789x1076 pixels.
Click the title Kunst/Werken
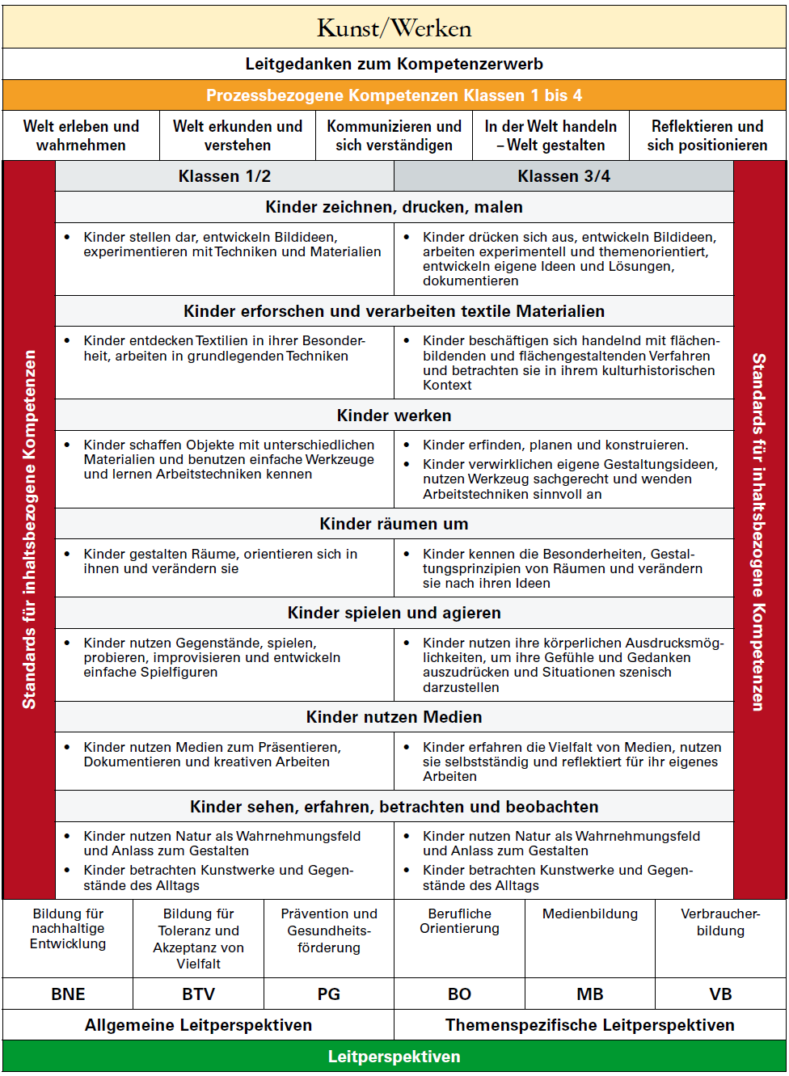pos(394,29)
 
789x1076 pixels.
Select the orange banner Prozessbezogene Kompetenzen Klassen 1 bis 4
pos(394,95)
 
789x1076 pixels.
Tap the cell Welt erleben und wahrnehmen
pos(81,136)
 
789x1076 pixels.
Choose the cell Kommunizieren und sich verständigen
pos(394,136)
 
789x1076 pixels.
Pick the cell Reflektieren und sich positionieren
pos(707,136)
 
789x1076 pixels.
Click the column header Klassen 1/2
pos(225,176)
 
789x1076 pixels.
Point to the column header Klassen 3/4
pos(563,176)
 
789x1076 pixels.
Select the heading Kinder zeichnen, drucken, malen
pos(394,207)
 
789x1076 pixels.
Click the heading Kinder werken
pos(394,416)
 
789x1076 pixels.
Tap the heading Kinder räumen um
pos(394,524)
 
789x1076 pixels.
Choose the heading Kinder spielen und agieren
pos(394,613)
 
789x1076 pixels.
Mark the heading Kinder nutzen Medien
pos(394,717)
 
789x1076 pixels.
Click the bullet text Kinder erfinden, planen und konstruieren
pos(555,445)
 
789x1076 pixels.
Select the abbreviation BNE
pos(68,994)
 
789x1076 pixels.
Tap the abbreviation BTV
pos(198,994)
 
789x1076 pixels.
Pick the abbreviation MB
pos(589,994)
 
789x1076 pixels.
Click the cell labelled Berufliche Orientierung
pos(459,921)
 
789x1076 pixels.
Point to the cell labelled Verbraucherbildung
pos(720,922)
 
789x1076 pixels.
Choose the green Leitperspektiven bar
pos(394,1057)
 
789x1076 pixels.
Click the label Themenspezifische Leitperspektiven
pos(589,1025)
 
